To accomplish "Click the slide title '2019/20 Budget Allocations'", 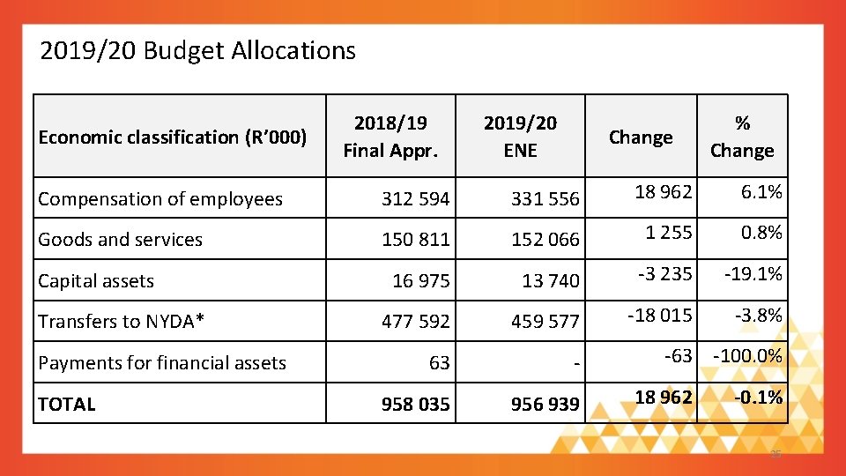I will coord(197,51).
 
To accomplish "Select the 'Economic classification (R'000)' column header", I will coord(173,138).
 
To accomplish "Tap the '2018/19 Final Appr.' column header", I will coord(390,137).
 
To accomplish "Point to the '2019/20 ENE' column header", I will coord(520,137).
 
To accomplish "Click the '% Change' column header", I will coord(742,137).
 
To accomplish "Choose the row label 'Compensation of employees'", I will coord(160,199).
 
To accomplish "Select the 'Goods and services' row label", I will coord(120,240).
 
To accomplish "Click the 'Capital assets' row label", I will coord(96,281).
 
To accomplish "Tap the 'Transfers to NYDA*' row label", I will coord(122,322).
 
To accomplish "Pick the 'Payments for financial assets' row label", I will coord(162,363).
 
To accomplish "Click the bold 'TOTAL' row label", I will coord(66,405).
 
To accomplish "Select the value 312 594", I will coord(415,200).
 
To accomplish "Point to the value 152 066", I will coord(545,240).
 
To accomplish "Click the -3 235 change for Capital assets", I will coord(665,274).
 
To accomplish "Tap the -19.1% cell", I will coord(753,274).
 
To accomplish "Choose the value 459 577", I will coord(545,323).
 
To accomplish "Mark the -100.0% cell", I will coord(747,356).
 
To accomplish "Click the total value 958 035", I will coord(415,405).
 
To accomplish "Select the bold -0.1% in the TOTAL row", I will coord(758,398).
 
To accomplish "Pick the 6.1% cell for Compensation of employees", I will coord(762,192).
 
